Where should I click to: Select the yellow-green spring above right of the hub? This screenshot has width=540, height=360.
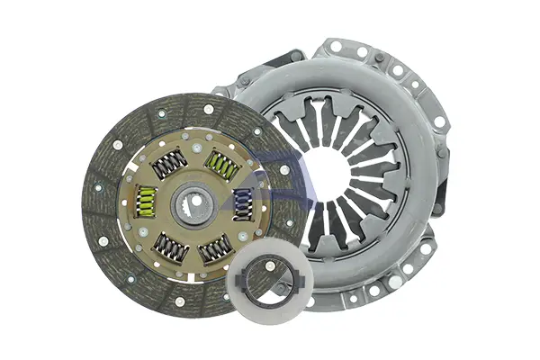coord(220,165)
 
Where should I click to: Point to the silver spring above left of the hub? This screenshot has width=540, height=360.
coord(169,164)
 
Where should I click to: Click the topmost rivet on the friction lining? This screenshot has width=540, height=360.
coord(208,109)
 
